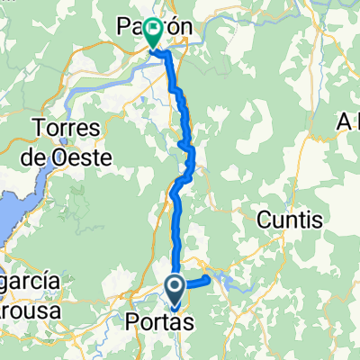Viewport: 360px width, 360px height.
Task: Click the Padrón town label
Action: click(x=155, y=29)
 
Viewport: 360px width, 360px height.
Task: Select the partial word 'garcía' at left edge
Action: click(x=29, y=282)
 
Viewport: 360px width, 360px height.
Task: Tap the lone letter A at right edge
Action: click(x=346, y=121)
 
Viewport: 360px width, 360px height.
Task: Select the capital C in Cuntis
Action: click(x=265, y=218)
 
